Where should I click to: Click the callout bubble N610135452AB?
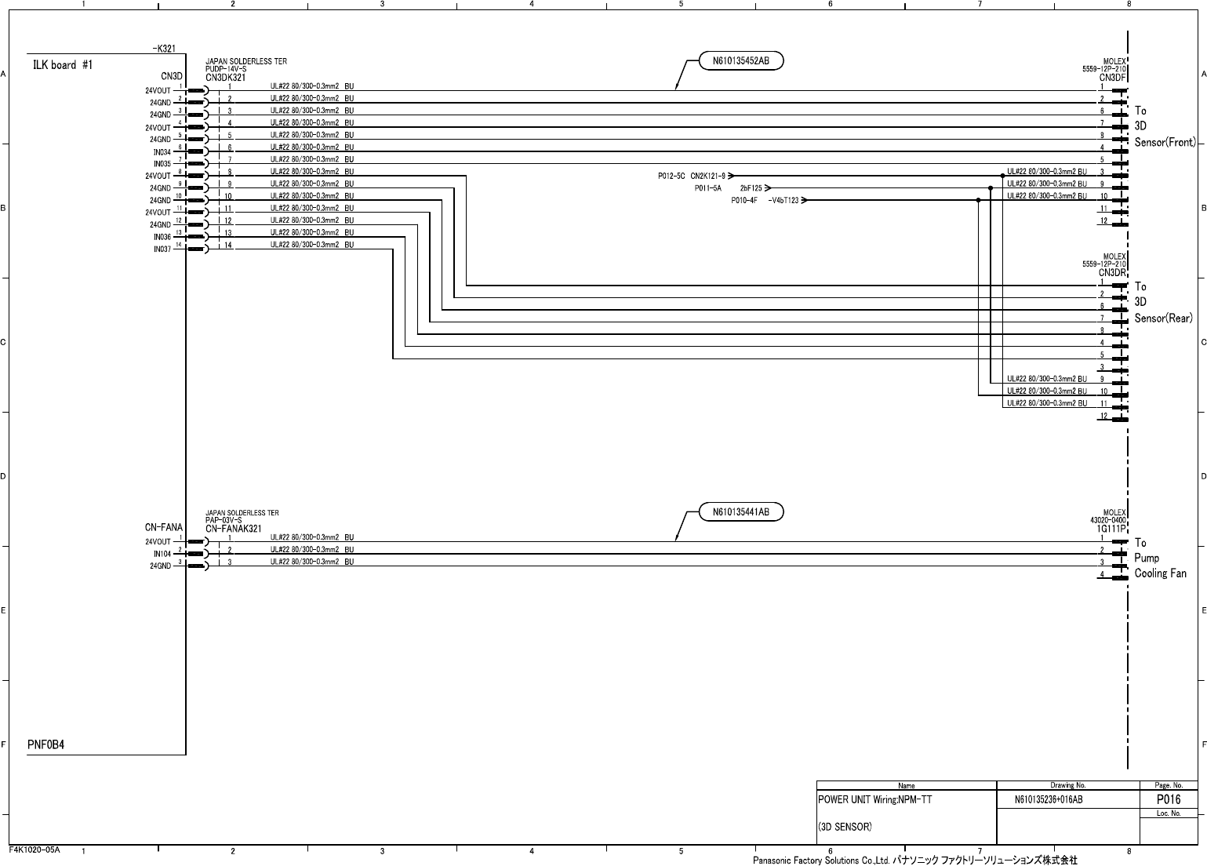coord(740,60)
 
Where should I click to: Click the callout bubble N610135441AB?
coord(740,512)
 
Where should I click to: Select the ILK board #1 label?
coord(63,65)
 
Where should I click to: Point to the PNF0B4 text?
coord(45,744)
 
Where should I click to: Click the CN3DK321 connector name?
coord(226,78)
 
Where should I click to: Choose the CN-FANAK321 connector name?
coord(234,529)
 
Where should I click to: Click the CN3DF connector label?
coord(1113,78)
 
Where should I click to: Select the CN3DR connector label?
coord(1113,273)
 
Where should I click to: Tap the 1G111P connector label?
coord(1112,529)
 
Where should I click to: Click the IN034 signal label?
coord(162,152)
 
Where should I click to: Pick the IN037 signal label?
coord(162,249)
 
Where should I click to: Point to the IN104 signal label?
coord(162,554)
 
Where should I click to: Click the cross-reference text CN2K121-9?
coord(707,176)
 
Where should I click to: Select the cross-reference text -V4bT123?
coord(783,201)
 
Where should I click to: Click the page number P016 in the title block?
coord(1169,799)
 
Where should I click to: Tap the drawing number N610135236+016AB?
coord(1049,800)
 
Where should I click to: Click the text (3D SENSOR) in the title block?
coord(845,827)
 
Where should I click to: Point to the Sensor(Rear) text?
coord(1163,318)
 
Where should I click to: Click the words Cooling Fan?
coord(1160,573)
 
